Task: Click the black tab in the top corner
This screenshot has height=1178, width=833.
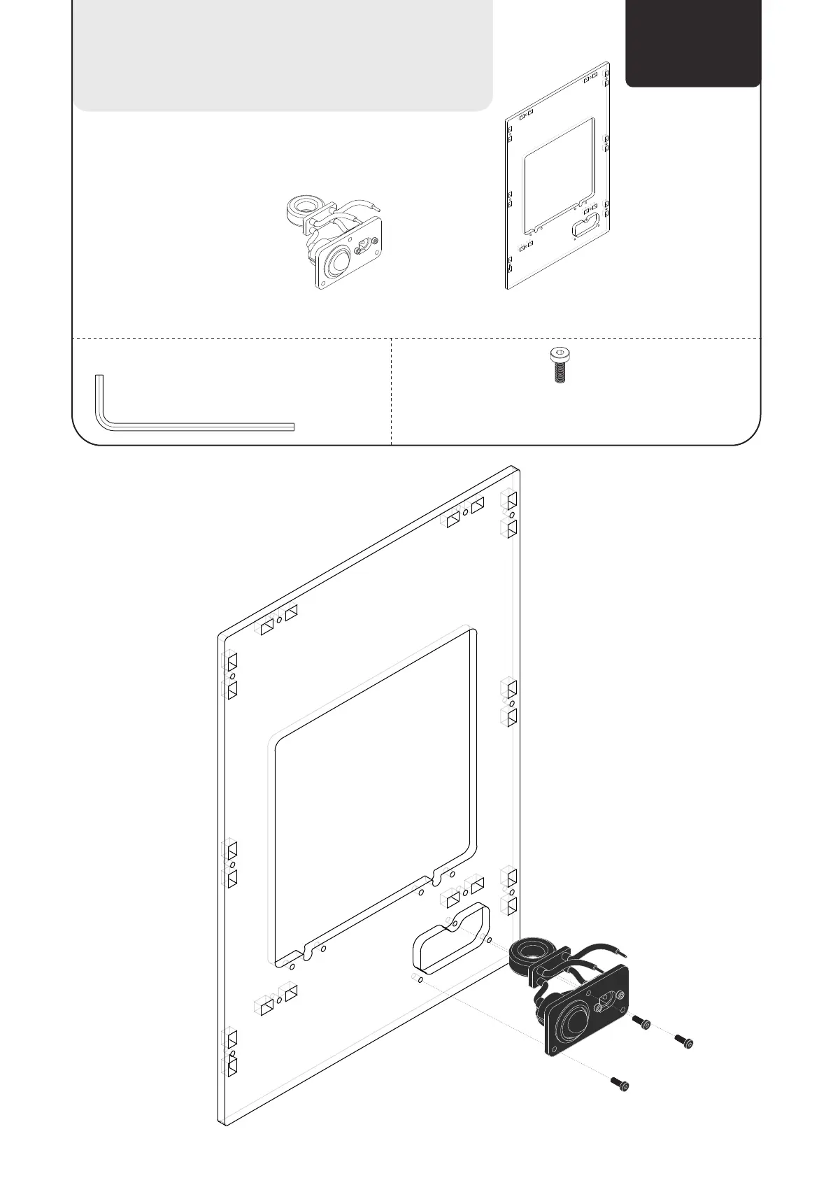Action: [x=692, y=42]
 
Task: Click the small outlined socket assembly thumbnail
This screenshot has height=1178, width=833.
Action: [x=334, y=241]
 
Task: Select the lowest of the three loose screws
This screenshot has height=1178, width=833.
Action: [x=620, y=1084]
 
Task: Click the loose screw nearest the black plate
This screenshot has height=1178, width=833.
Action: [x=642, y=1023]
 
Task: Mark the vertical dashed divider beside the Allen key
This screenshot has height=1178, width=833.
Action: [x=391, y=392]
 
